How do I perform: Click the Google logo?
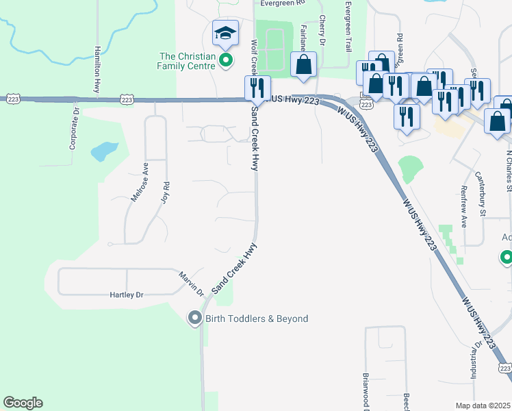23,403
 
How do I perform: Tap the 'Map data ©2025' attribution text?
483,406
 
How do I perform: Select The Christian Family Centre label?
187,61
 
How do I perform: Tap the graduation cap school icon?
225,33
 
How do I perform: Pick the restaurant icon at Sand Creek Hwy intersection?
257,87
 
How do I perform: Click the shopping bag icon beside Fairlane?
303,64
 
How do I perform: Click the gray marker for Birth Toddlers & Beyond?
194,318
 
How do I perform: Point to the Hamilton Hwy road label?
98,69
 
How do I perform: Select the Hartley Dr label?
127,295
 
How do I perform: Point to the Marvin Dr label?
192,283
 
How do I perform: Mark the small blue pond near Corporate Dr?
105,151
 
